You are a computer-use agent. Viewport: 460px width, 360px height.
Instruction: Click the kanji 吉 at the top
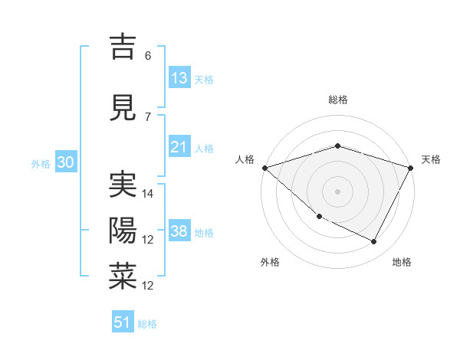click(123, 47)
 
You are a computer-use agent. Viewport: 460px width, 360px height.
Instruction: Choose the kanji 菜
click(123, 277)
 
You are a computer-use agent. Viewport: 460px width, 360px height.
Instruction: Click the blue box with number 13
click(179, 78)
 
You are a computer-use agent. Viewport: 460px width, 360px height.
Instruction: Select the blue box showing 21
click(179, 147)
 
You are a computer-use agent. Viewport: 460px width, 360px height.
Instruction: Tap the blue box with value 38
click(179, 231)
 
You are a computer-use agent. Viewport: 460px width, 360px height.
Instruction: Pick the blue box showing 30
click(65, 162)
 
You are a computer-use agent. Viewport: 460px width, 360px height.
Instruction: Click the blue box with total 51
click(123, 322)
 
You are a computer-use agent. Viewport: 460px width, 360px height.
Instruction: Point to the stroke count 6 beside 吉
click(148, 56)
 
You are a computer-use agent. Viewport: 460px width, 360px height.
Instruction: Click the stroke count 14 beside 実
click(149, 194)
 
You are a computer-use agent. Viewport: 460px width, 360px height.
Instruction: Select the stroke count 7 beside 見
click(148, 117)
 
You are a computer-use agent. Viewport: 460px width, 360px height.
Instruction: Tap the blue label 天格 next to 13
click(204, 80)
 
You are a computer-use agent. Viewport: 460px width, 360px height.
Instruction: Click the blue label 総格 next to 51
click(147, 324)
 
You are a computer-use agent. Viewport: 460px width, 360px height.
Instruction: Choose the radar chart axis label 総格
click(337, 100)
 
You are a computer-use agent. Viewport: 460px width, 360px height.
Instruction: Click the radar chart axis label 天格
click(431, 159)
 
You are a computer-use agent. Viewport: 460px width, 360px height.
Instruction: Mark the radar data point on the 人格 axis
click(264, 168)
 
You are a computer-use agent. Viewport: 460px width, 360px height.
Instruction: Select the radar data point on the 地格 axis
click(374, 242)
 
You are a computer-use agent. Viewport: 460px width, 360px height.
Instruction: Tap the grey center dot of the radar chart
click(337, 191)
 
